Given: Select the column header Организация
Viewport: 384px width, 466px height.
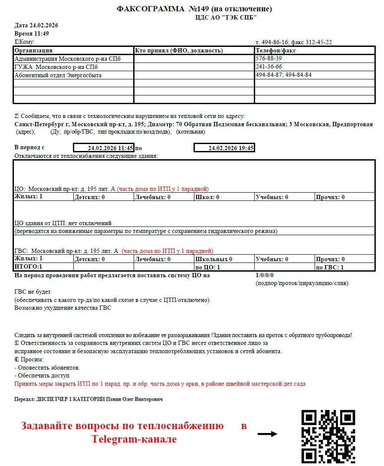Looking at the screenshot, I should click(x=34, y=51).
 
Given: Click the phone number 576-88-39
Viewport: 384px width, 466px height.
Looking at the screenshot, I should click(x=269, y=59).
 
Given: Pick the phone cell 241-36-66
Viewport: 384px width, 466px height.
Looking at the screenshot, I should click(x=269, y=67).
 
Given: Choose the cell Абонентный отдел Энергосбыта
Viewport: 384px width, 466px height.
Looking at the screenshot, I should click(x=58, y=75).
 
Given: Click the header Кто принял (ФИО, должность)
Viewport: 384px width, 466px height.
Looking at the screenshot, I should click(x=179, y=51).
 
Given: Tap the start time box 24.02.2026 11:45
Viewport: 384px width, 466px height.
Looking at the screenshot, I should click(x=104, y=148).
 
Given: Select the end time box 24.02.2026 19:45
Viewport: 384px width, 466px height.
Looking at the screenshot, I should click(x=224, y=148).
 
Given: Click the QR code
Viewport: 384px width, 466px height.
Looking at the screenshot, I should click(x=328, y=436).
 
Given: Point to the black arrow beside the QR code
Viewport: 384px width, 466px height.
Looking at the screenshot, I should click(x=267, y=434).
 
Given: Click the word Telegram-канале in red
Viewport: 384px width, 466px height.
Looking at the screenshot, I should click(x=134, y=439).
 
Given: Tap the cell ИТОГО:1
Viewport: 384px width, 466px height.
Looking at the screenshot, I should click(x=29, y=267).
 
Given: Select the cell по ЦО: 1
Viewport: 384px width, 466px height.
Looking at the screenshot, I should click(x=208, y=267).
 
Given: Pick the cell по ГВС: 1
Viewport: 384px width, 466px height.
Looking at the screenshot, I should click(x=330, y=267).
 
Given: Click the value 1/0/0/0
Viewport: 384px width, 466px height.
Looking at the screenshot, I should click(x=265, y=275).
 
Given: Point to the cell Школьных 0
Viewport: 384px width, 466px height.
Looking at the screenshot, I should click(x=214, y=259).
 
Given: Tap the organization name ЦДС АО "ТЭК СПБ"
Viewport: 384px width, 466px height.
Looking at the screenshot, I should click(x=226, y=17).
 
